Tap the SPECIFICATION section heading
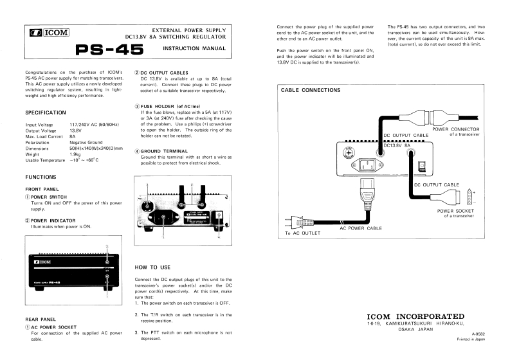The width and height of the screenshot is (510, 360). pos(45,113)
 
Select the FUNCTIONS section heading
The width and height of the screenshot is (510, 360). pos(41,177)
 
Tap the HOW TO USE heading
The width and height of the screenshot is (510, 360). pos(152,266)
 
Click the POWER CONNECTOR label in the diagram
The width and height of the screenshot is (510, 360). pos(455,129)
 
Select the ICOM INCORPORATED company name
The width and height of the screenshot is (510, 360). pos(415,316)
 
